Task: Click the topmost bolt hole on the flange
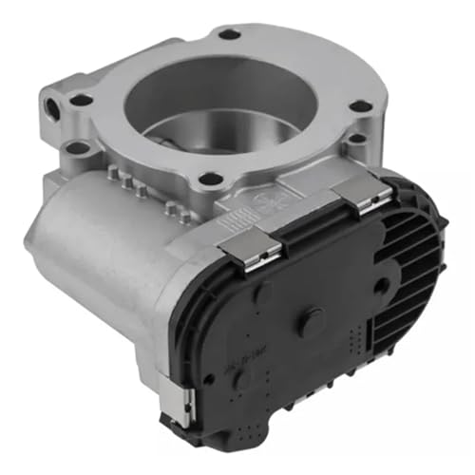click(229, 34)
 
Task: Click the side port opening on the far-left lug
click(48, 101)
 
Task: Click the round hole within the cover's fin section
click(380, 284)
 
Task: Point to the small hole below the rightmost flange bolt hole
click(354, 139)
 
